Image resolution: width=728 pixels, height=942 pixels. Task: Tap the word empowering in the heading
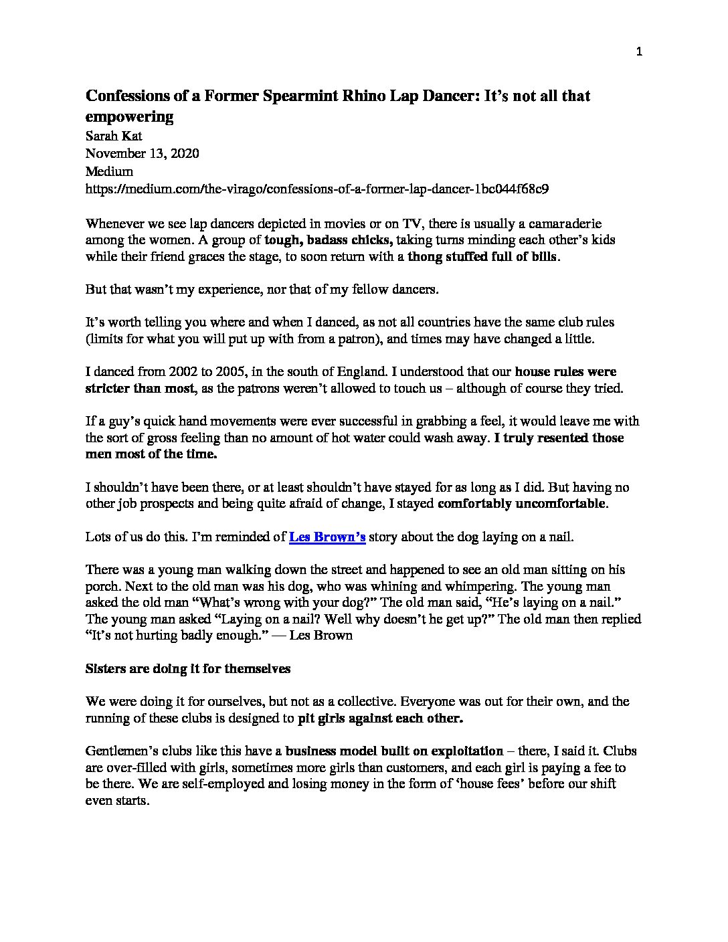point(129,117)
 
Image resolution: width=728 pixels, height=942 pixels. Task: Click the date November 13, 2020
point(142,153)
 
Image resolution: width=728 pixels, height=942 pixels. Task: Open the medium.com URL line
point(318,189)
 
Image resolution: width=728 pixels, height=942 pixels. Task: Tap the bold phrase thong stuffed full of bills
point(482,256)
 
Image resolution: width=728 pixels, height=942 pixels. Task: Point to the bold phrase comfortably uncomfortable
point(522,504)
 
